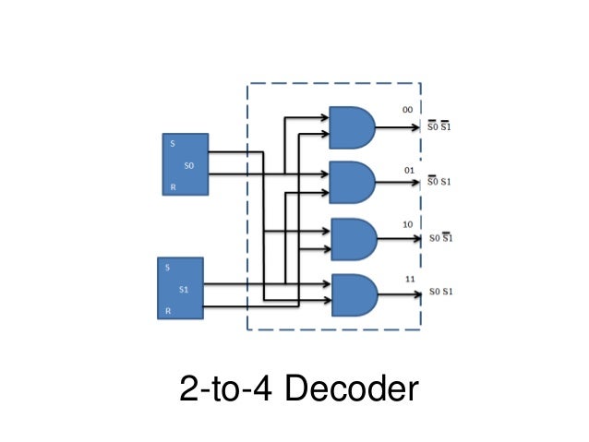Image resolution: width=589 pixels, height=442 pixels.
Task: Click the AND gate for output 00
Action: [352, 127]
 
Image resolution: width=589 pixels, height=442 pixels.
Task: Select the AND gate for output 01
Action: [352, 182]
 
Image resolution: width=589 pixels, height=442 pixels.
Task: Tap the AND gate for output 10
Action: [352, 239]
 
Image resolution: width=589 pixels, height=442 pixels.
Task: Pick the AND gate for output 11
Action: [352, 294]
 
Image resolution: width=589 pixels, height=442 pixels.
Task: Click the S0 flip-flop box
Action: [185, 164]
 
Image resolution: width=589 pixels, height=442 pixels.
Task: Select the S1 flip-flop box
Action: [178, 288]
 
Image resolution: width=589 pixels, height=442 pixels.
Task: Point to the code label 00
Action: [407, 110]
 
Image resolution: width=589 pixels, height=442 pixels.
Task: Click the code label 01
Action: [407, 170]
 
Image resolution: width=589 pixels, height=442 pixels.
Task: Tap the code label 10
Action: [407, 224]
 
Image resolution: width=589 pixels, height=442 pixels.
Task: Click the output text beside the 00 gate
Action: [438, 126]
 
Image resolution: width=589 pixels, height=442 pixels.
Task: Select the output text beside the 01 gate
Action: [438, 182]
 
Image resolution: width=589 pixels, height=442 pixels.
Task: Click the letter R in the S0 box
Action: [171, 187]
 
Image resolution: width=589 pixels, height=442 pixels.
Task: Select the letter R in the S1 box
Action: [167, 311]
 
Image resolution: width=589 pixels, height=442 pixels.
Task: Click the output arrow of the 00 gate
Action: [397, 127]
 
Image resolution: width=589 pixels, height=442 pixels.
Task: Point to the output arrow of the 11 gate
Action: [397, 294]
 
